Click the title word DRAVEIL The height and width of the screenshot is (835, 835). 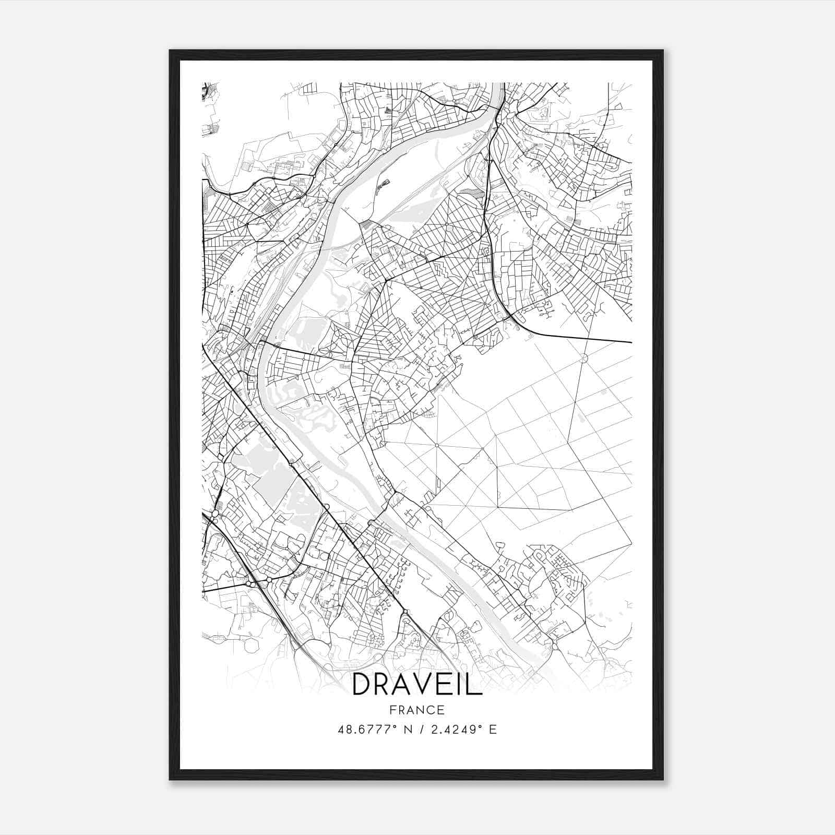pos(417,684)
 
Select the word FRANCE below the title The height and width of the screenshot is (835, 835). pos(417,710)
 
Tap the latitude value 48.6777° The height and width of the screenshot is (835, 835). pos(371,729)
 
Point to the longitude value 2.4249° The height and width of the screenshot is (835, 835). pos(452,729)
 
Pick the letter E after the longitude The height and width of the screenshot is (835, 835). pos(493,729)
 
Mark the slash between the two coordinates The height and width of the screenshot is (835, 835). pos(423,729)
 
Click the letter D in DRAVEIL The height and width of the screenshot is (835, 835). pos(362,684)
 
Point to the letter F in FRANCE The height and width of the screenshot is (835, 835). pos(392,710)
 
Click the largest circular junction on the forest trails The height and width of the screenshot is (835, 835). pos(583,358)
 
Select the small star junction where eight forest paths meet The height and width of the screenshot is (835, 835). pos(436,445)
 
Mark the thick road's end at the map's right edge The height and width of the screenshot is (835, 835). pos(631,342)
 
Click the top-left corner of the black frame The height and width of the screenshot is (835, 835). pos(170,51)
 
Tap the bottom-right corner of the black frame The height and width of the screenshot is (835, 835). pos(663,780)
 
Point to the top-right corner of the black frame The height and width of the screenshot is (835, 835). pos(663,51)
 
